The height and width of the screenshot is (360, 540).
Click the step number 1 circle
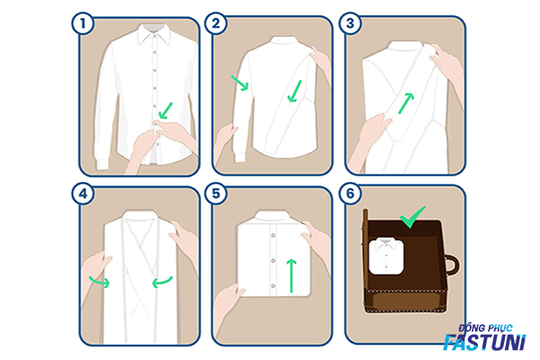pos(83,23)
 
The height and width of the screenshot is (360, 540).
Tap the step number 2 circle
pos(216,23)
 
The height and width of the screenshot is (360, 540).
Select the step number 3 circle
pos(350,23)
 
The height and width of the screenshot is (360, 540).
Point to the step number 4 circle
pos(83,193)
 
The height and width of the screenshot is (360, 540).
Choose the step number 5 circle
pos(216,193)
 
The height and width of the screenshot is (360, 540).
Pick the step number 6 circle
pos(350,193)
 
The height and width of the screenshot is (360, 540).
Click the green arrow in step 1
pos(166,111)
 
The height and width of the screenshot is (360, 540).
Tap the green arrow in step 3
pos(406,103)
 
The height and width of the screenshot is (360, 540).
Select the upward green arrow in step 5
pos(292,275)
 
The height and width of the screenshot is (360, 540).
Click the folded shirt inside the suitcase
pos(386,256)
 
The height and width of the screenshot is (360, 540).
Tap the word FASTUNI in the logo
pos(484,342)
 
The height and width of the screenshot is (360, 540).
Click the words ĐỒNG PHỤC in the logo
pos(485,328)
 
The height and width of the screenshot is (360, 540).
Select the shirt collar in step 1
pos(154,34)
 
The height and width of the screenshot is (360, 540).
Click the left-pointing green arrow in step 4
pos(162,282)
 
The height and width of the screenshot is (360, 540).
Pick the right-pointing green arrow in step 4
pos(99,282)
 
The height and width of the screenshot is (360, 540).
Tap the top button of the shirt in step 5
pos(273,235)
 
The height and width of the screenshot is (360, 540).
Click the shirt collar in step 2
pos(283,40)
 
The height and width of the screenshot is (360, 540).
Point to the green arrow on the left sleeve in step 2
pos(239,83)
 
